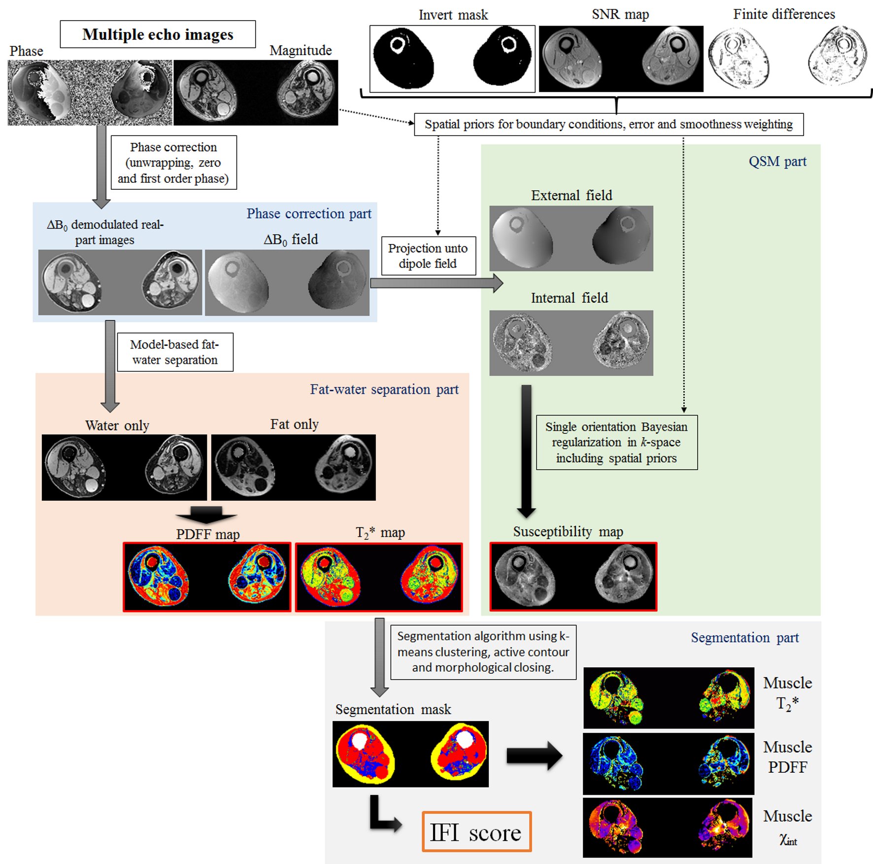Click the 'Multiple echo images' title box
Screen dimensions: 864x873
pyautogui.click(x=158, y=34)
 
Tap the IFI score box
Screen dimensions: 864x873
pyautogui.click(x=476, y=832)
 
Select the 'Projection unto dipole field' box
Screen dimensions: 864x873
pyautogui.click(x=428, y=256)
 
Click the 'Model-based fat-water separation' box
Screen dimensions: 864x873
pyautogui.click(x=175, y=352)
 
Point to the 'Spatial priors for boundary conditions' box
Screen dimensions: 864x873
pyautogui.click(x=608, y=124)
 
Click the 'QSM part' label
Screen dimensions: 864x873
pyautogui.click(x=777, y=162)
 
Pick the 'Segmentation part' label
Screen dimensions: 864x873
pyautogui.click(x=744, y=638)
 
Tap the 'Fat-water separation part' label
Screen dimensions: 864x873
pyautogui.click(x=384, y=389)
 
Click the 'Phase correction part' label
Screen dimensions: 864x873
pyautogui.click(x=309, y=213)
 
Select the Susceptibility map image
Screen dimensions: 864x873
pyautogui.click(x=573, y=577)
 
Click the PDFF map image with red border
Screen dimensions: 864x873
pyautogui.click(x=207, y=577)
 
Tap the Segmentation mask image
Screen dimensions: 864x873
pyautogui.click(x=410, y=754)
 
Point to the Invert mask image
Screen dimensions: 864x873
pyautogui.click(x=452, y=59)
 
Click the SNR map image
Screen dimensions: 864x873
pyautogui.click(x=621, y=59)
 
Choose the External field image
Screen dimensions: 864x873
pyautogui.click(x=571, y=238)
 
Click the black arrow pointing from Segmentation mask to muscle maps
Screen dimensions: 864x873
pyautogui.click(x=535, y=756)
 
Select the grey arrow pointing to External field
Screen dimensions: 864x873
pyautogui.click(x=436, y=283)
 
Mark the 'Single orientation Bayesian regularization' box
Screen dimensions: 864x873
pyautogui.click(x=616, y=442)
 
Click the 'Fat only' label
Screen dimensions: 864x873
pyautogui.click(x=294, y=424)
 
